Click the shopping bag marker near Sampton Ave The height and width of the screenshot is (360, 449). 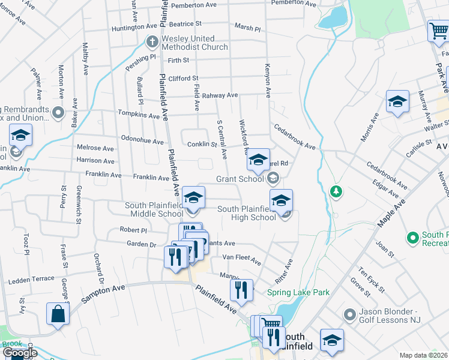pos(58,314)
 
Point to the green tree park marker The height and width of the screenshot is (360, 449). pos(336,192)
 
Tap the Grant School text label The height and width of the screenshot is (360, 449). pos(240,179)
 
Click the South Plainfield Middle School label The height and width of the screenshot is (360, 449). pos(154,209)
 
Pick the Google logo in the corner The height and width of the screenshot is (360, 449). pos(20,353)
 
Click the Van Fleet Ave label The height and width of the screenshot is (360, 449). pos(242,259)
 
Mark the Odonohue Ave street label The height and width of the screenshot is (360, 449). pos(142,142)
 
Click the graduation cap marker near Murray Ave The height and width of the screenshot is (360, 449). pos(397,101)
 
